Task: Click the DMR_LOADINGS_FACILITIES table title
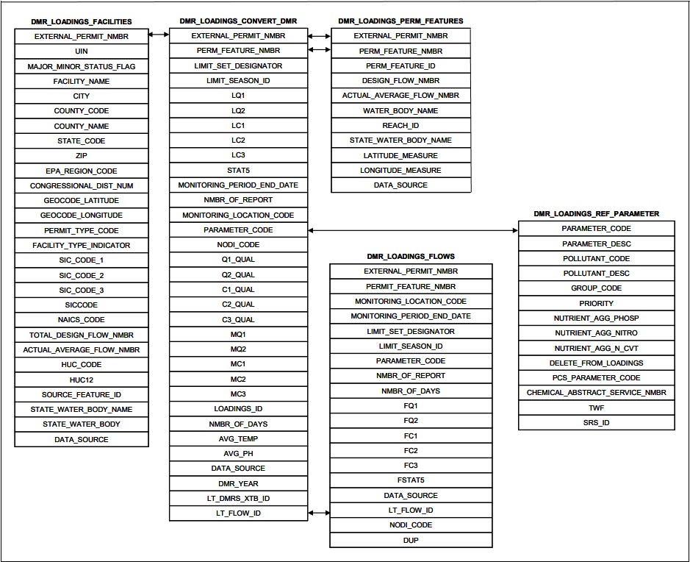pos(82,21)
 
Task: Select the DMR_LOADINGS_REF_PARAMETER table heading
pos(596,213)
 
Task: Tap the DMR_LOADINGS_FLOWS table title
pos(411,256)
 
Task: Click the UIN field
pos(82,51)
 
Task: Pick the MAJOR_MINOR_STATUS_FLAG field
pos(82,66)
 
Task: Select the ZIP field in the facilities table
pos(82,156)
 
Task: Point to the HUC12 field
pos(82,380)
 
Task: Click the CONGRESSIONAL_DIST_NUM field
pos(82,185)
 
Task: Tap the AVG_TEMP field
pos(238,438)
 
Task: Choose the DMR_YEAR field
pos(238,483)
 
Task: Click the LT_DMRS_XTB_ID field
pos(238,498)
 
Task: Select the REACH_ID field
pos(400,125)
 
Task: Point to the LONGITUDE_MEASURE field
pos(400,170)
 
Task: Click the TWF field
pos(596,408)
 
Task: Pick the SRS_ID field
pos(596,422)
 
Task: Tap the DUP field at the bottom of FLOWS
pos(411,540)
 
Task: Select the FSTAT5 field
pos(411,480)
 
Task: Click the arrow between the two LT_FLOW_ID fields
pos(319,512)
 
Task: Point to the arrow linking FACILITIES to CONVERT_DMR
pos(159,35)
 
